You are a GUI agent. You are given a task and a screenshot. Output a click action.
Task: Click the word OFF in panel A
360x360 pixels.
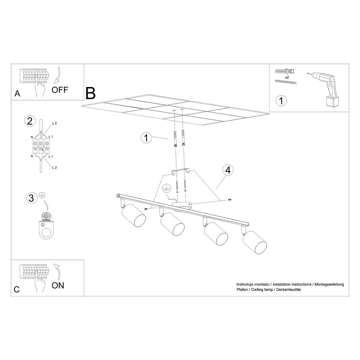pos(60,90)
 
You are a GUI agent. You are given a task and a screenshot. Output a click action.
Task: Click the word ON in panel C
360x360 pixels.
pos(58,285)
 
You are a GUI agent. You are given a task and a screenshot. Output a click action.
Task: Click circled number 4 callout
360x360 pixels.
pos(228,170)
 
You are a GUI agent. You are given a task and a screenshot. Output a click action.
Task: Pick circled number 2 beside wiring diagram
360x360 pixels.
pos(29,121)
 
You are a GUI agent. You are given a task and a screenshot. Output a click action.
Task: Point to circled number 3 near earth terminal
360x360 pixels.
pos(31,198)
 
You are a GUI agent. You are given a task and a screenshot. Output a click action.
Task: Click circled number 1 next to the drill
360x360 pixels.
pos(281,100)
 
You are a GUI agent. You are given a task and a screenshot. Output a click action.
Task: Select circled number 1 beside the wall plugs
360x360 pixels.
pos(146,138)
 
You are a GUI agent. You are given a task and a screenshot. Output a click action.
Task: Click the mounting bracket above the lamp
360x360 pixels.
pos(180,171)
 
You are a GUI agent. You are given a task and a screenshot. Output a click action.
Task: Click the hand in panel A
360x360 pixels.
pos(39,88)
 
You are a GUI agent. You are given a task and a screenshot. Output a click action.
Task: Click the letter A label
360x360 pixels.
pos(17,94)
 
